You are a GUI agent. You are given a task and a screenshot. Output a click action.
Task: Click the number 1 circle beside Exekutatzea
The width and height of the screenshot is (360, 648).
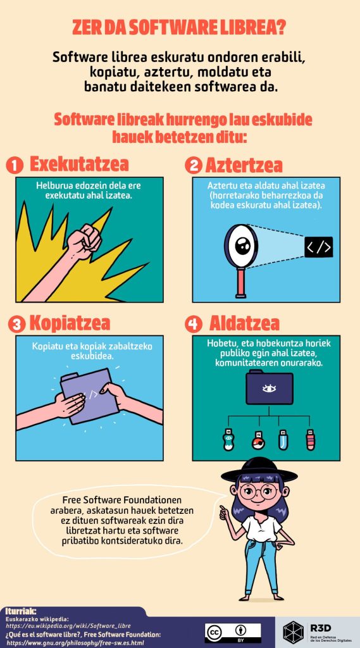15,165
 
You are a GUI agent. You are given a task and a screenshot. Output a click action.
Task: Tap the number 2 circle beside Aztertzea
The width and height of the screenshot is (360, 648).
193,165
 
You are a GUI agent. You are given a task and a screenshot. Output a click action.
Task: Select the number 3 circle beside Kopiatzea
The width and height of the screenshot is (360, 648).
16,324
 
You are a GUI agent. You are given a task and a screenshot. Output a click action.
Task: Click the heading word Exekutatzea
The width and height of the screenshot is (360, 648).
79,165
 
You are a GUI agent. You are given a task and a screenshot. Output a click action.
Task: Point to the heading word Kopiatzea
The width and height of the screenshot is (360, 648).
70,323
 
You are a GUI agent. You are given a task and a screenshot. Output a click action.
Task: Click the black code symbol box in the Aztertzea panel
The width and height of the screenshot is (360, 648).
319,247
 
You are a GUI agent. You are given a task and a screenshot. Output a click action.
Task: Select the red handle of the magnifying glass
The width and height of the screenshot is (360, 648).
240,283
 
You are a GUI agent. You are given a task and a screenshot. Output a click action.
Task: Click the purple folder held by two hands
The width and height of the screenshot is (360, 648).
89,396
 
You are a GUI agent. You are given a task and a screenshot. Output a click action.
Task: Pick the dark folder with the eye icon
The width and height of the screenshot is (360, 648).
270,387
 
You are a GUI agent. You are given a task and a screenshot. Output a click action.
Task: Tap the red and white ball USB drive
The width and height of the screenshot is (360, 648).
259,440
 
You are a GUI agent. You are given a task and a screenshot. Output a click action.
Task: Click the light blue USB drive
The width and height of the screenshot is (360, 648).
283,440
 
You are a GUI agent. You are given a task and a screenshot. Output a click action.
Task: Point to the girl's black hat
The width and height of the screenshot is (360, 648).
259,471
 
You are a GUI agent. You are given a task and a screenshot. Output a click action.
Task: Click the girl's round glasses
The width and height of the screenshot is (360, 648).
258,491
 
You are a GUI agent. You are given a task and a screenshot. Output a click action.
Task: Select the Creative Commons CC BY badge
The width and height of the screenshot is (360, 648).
233,633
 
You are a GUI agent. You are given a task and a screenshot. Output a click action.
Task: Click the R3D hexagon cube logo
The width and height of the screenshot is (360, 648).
294,632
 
